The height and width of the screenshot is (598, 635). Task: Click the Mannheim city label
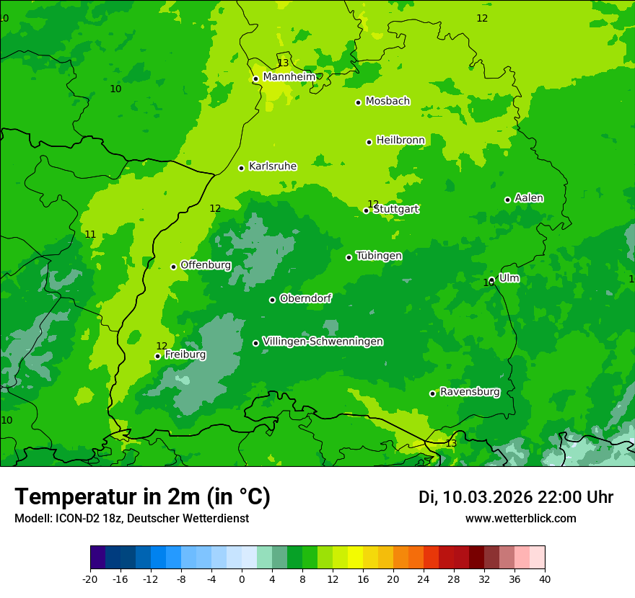coord(289,77)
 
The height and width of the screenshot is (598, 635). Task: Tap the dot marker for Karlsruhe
coord(241,168)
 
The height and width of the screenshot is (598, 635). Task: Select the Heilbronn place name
coord(400,140)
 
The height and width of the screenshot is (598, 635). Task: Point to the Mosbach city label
coord(387,102)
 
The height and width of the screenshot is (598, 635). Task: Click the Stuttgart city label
coord(395,210)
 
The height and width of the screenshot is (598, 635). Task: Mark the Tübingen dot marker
coord(349,257)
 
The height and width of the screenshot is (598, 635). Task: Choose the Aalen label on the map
coord(529,198)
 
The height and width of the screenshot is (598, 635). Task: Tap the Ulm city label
coord(509,278)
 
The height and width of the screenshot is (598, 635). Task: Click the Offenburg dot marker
coord(173,267)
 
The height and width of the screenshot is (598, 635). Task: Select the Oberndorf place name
coord(306,298)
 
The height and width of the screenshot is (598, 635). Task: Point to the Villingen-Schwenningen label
coord(323,342)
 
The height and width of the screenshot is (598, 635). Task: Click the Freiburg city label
coord(185,354)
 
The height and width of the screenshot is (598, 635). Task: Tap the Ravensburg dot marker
coord(432,393)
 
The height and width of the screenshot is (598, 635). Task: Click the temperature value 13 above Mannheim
coord(283,63)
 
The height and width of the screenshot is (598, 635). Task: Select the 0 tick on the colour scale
coord(242,579)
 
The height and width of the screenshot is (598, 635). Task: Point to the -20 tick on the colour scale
coord(90,579)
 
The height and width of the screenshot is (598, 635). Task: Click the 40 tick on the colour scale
coord(545,579)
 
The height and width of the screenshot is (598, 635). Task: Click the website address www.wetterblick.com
coord(520,519)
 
